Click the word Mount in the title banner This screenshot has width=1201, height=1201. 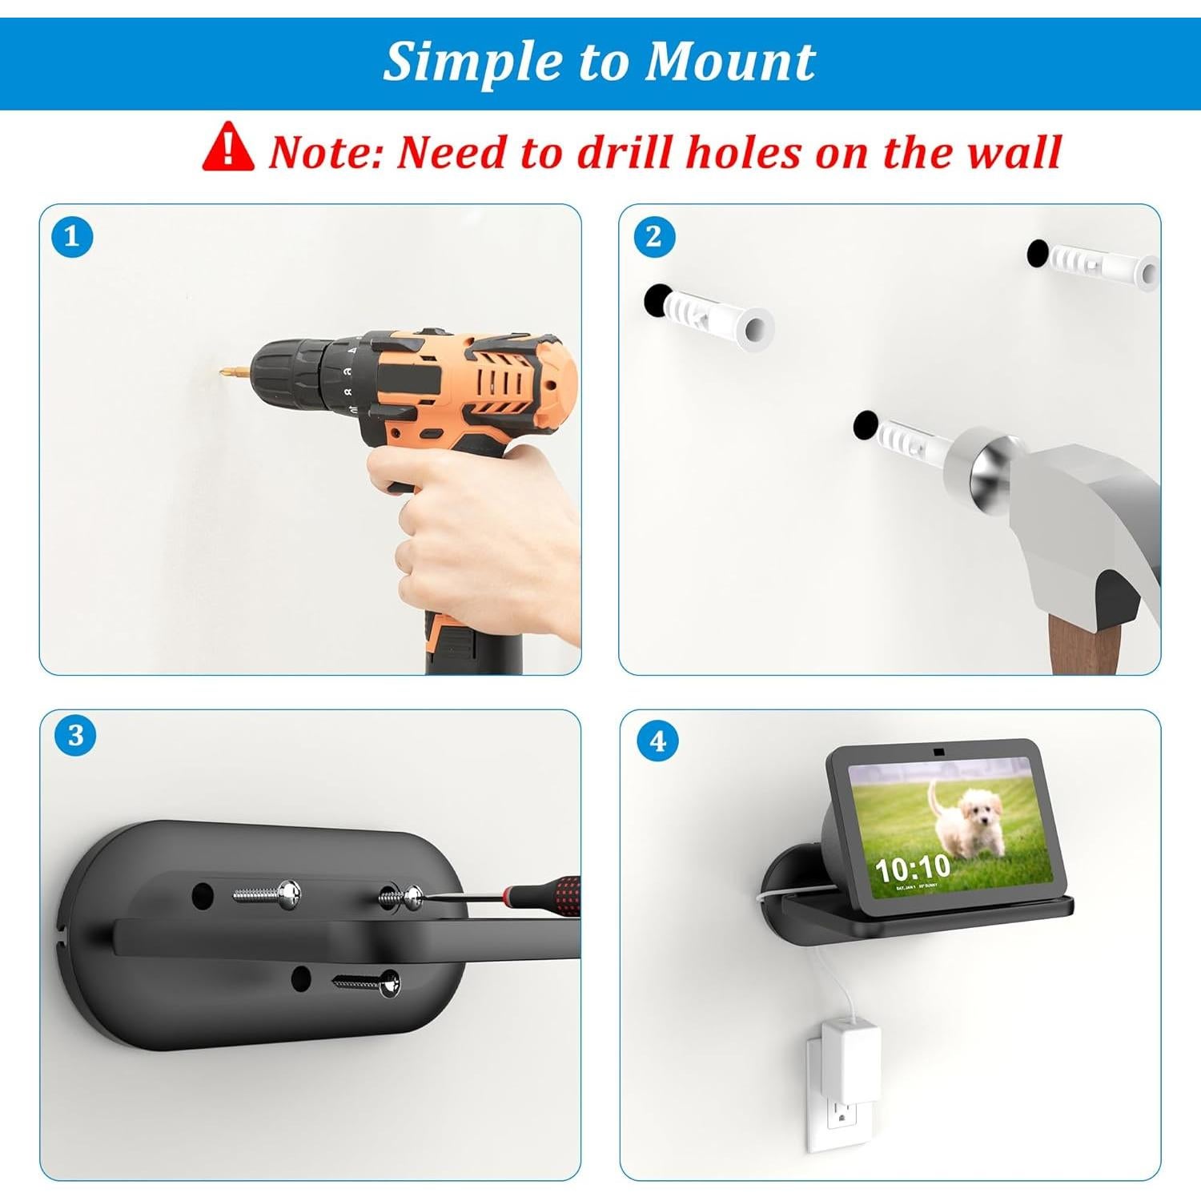[x=729, y=62]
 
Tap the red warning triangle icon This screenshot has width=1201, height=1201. [x=227, y=147]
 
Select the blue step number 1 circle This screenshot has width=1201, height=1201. [x=71, y=237]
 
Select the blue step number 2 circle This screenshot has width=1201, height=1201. [x=653, y=237]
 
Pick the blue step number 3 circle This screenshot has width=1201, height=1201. [x=75, y=735]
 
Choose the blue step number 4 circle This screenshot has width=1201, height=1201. [x=657, y=741]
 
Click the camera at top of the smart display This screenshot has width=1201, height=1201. [x=937, y=753]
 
